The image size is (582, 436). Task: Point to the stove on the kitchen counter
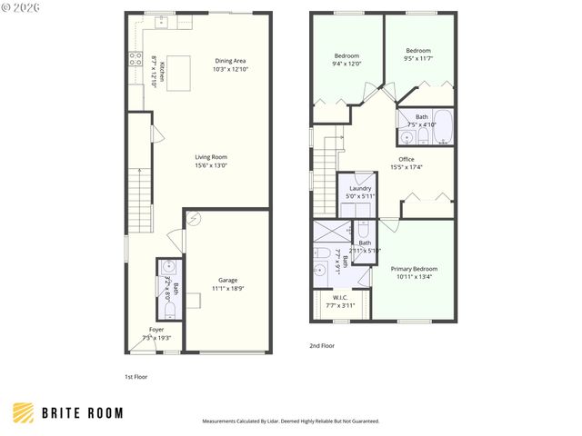click(135, 61)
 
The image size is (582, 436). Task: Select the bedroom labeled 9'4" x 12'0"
click(347, 59)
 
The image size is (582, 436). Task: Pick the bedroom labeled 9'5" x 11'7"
click(418, 54)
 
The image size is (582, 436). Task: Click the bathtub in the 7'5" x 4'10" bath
click(443, 128)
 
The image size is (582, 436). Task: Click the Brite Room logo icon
click(25, 412)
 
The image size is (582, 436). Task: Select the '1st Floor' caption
click(135, 376)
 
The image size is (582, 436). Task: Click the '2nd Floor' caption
click(322, 346)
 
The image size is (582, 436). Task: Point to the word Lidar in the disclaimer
click(284, 421)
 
